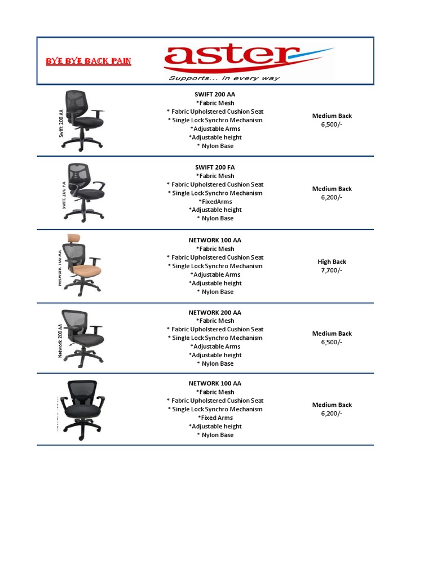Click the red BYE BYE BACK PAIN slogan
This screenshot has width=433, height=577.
tap(89, 61)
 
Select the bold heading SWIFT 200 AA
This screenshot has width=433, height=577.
tap(215, 95)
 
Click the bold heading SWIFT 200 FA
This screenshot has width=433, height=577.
tap(215, 167)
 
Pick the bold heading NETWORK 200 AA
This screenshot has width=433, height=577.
tap(215, 312)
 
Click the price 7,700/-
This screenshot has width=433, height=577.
tap(332, 270)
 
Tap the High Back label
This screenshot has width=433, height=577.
tap(332, 261)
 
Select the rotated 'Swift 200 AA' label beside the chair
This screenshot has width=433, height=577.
tap(61, 123)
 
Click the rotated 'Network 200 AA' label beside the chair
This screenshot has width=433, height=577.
tap(60, 340)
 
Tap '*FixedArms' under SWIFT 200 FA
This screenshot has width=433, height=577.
tap(215, 201)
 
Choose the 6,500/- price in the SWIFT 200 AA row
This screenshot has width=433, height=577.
tap(332, 125)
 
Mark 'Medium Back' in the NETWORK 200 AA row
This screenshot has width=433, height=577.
tap(332, 334)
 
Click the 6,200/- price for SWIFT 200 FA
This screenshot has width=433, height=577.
tap(332, 197)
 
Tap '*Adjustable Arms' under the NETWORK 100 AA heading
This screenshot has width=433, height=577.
tap(215, 274)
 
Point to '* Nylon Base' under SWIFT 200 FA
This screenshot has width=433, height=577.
tap(215, 218)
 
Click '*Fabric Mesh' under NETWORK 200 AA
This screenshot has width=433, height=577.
tap(215, 321)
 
